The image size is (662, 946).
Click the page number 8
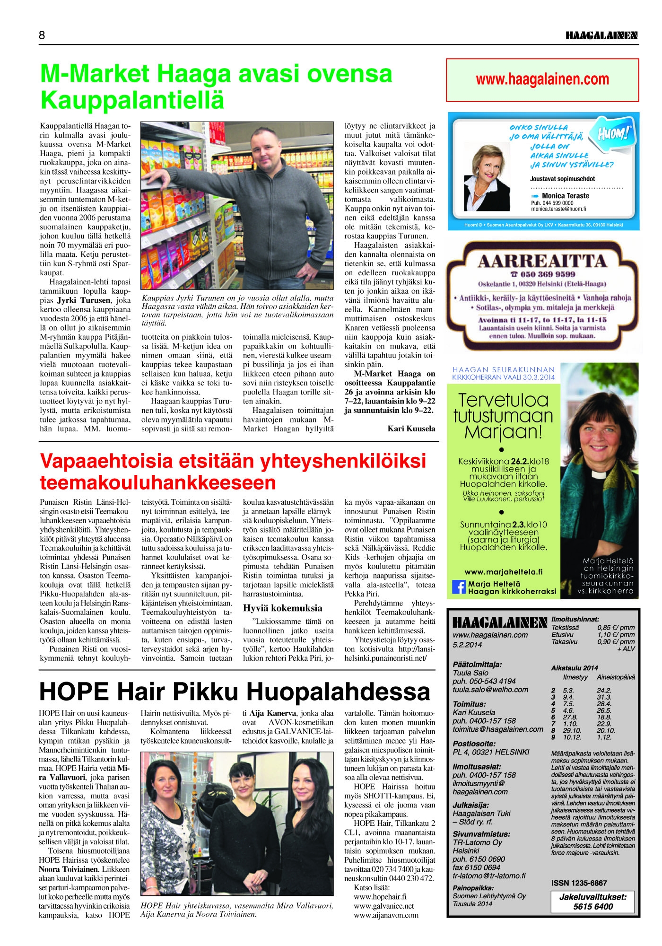coord(42,36)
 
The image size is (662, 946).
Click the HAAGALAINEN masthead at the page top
coord(601,36)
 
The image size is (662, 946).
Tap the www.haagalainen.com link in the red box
coord(542,79)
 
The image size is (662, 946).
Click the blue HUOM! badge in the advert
coord(613,133)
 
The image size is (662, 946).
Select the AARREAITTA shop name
coord(542,261)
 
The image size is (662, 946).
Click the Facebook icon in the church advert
coord(459,587)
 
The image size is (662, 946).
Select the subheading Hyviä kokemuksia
coord(282,608)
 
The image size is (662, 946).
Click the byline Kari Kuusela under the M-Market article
coord(411,429)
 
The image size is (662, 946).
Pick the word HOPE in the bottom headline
coord(74,692)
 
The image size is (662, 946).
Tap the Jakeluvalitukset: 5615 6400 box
coord(592,902)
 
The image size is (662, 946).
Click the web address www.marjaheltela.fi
coord(504,571)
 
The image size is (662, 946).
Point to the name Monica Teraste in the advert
coord(565,196)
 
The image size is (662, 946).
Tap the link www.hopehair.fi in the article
coord(380,896)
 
